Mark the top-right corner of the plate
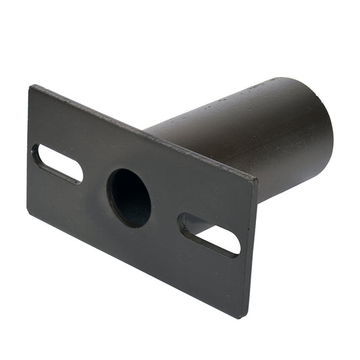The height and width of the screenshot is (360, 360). coord(256,178)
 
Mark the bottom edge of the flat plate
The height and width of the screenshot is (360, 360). coord(135,263)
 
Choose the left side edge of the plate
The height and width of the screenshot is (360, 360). coord(29,149)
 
